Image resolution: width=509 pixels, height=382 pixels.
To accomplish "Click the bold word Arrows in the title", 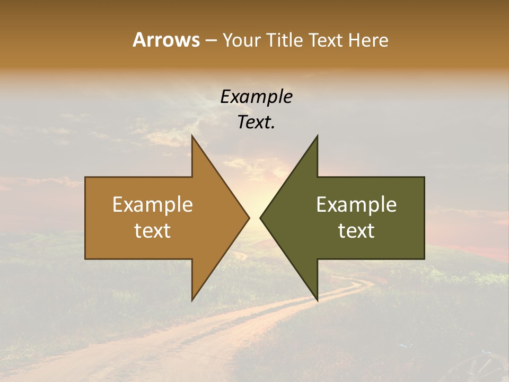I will [165, 40].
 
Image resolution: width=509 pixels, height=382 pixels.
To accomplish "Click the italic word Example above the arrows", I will [257, 97].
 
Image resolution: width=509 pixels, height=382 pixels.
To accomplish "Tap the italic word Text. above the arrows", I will [257, 123].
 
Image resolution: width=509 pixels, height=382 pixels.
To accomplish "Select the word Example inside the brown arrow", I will [153, 204].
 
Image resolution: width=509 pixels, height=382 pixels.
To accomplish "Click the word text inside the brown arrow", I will [153, 231].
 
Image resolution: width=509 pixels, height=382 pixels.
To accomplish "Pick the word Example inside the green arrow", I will [356, 204].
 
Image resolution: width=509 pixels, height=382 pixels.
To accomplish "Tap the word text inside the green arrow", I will [356, 231].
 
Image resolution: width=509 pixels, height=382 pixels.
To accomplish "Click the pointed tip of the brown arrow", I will [249, 218].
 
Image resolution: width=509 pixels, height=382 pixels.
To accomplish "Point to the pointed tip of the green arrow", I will [261, 218].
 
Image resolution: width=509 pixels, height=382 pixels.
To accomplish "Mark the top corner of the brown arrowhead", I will [192, 136].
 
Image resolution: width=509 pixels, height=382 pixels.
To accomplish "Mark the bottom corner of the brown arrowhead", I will [192, 300].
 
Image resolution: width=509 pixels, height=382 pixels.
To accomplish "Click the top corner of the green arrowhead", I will [317, 136].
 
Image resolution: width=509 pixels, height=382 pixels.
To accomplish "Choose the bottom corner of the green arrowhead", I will [317, 300].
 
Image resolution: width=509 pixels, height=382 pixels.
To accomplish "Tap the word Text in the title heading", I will [324, 40].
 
